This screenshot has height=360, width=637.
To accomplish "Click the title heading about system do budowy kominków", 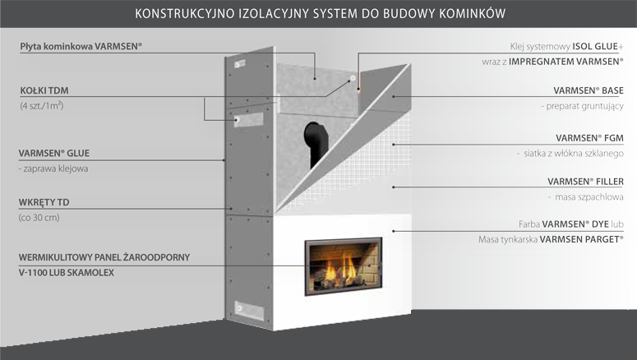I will click(318, 13).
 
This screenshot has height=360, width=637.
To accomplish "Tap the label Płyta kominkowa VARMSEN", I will click(81, 47).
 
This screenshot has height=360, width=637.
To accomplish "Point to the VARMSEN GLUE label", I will click(54, 152).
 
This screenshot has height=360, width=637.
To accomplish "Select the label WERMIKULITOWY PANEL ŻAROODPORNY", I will click(104, 256).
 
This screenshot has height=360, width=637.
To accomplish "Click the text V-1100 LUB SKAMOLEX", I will click(67, 272).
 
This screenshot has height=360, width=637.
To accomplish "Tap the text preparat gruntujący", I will click(583, 107).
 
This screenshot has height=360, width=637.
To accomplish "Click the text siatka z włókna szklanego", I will click(571, 154).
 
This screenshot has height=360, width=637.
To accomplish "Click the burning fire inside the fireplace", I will click(340, 268).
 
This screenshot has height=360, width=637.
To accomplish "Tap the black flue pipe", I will click(315, 140).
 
